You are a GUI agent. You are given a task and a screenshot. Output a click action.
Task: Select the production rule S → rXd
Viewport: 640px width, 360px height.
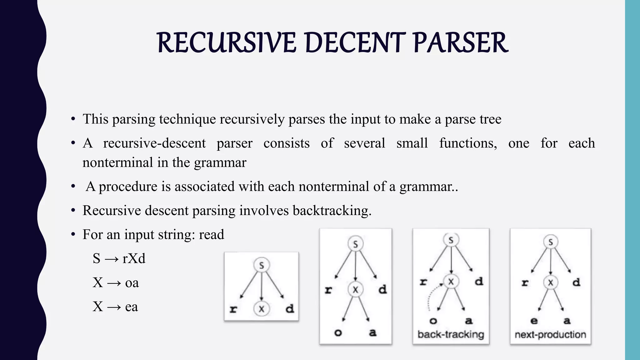click(119, 259)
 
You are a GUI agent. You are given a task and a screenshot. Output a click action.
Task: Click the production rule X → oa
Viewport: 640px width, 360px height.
click(116, 283)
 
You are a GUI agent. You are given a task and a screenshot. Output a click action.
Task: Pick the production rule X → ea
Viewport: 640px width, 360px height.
click(115, 307)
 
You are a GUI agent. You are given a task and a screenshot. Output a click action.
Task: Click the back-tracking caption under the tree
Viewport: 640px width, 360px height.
click(451, 334)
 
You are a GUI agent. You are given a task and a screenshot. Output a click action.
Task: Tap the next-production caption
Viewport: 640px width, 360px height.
click(550, 335)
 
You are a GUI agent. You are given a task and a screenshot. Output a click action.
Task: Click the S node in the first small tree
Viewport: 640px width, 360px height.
click(262, 265)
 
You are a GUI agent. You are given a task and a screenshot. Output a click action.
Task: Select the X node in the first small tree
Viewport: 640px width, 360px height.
click(262, 309)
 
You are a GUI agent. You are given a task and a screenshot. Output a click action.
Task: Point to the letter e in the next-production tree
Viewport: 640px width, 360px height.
click(534, 321)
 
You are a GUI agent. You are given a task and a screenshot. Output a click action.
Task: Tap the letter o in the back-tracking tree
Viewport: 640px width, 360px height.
click(433, 321)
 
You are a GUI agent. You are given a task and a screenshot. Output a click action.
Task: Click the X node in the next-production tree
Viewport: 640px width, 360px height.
click(550, 282)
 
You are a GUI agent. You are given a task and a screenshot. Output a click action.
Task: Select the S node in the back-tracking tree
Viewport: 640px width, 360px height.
click(451, 240)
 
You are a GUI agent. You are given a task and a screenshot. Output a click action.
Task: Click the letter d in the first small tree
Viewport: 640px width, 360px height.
click(290, 309)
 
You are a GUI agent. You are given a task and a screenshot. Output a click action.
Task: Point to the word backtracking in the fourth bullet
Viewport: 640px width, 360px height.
click(332, 211)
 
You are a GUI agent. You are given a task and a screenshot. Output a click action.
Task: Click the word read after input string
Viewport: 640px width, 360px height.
click(212, 235)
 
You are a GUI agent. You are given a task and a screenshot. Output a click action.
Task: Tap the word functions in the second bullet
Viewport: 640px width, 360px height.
click(468, 143)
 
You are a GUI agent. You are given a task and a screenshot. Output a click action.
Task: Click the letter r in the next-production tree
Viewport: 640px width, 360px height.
click(525, 283)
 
